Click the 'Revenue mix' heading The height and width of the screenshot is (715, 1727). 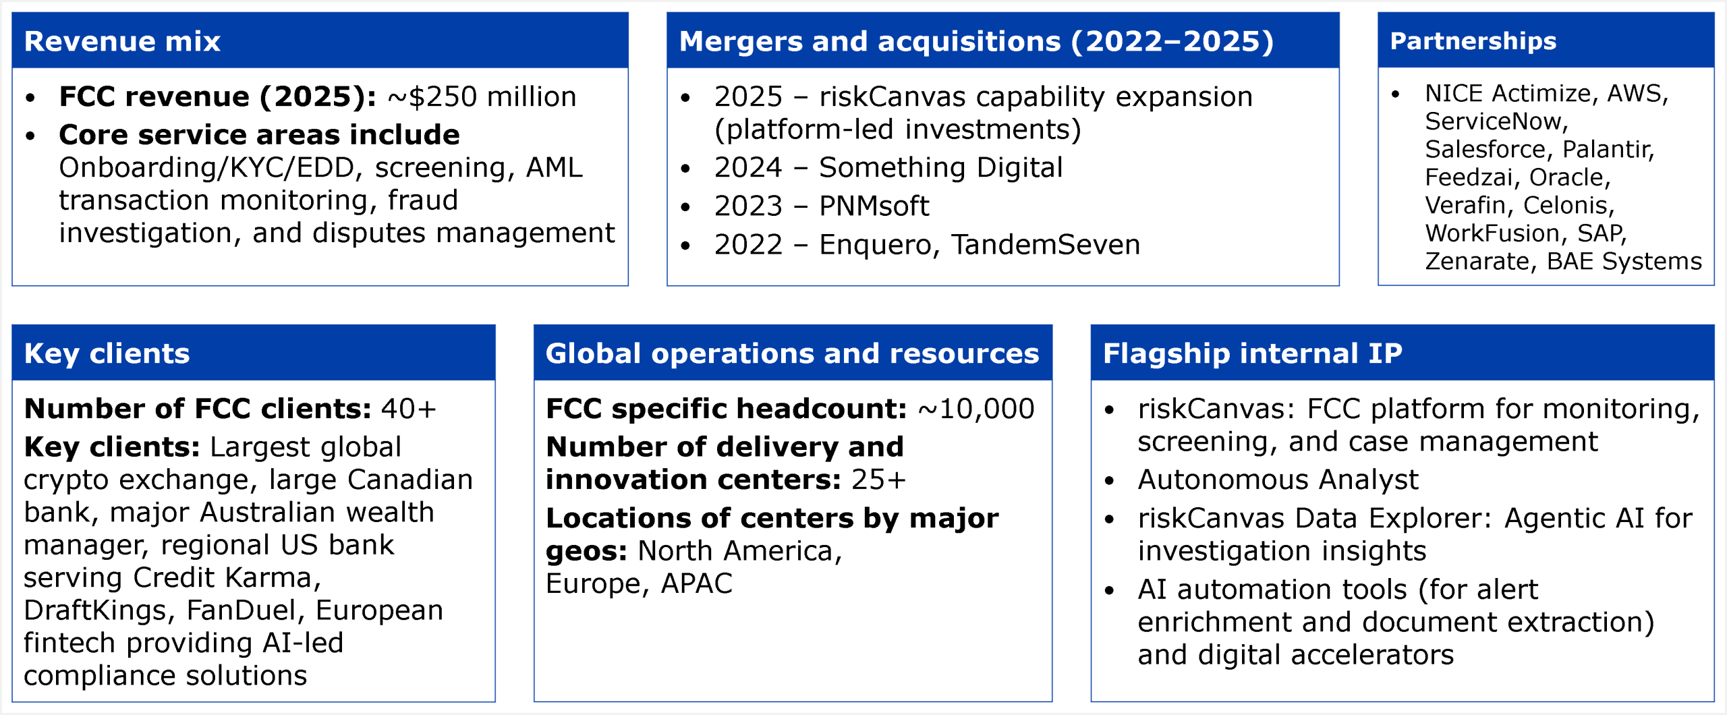click(122, 41)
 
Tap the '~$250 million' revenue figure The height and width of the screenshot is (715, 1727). click(482, 96)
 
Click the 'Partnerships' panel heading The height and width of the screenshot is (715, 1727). click(1473, 41)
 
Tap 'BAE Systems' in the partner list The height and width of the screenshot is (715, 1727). click(1624, 261)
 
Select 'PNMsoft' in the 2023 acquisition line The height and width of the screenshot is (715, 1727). click(874, 206)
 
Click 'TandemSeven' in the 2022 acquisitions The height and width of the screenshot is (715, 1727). click(1046, 245)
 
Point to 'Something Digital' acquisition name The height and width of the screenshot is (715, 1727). click(940, 168)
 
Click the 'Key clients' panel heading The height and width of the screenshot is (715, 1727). click(107, 354)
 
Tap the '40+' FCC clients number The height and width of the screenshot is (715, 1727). click(408, 409)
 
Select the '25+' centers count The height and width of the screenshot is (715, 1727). click(878, 480)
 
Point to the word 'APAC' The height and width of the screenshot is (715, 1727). click(696, 583)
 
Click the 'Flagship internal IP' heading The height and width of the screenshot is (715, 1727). click(1253, 354)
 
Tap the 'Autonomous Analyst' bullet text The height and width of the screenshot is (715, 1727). click(1278, 480)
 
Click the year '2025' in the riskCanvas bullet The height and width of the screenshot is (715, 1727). click(748, 97)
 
